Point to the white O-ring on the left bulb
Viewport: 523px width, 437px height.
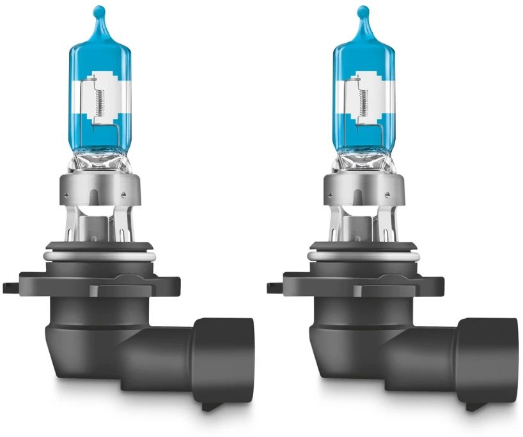pos(100,256)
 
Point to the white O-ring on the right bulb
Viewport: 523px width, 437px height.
pos(364,256)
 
